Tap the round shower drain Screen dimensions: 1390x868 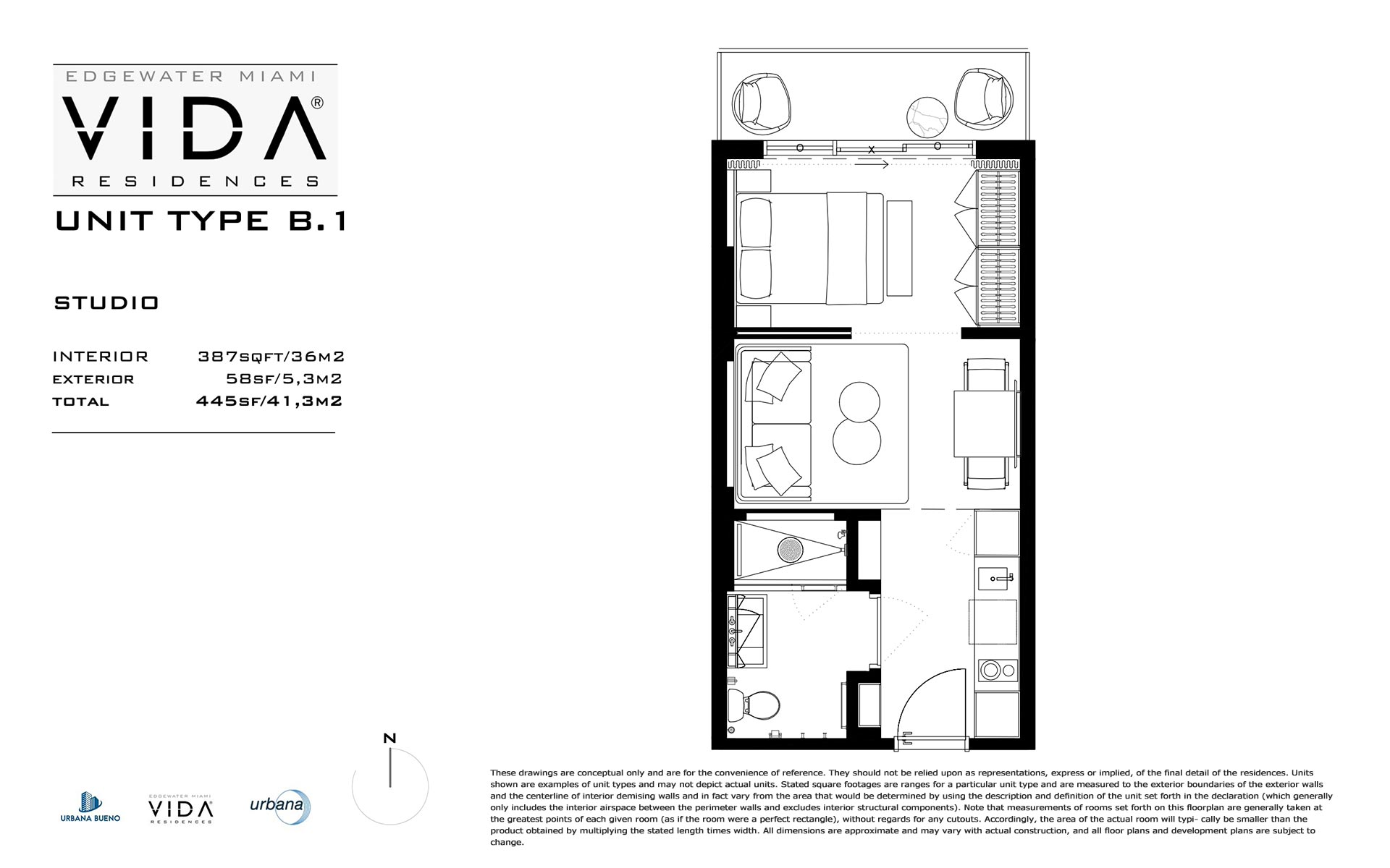(x=791, y=550)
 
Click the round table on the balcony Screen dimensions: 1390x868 (x=927, y=117)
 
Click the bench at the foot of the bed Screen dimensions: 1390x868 (x=899, y=248)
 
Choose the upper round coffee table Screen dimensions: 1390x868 (x=859, y=401)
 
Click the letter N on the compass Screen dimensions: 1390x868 (x=389, y=739)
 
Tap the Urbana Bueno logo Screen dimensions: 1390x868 (x=90, y=807)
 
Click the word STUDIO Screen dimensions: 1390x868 (x=106, y=302)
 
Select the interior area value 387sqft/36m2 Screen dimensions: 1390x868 (x=271, y=357)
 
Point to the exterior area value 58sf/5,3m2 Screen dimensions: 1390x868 (x=284, y=379)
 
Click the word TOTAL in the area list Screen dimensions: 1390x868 (x=80, y=401)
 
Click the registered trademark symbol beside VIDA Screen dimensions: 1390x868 (x=317, y=103)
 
